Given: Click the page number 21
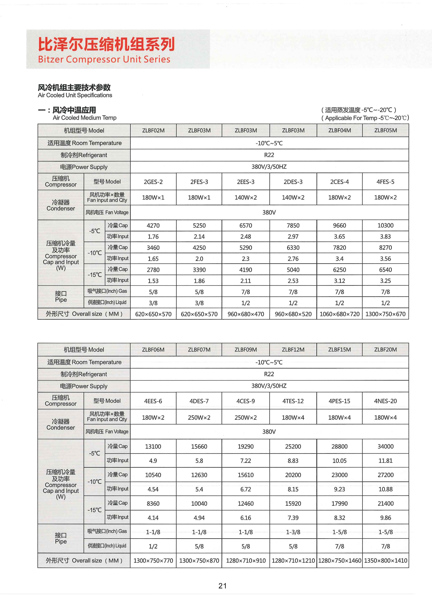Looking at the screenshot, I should click(x=222, y=586).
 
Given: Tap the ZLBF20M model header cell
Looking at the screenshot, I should click(x=385, y=350).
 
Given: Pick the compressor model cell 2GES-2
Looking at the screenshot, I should click(x=153, y=182).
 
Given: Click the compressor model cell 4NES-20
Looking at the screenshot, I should click(x=385, y=401).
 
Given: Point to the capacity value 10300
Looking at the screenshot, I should click(x=385, y=225).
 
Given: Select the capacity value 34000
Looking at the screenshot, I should click(x=385, y=446).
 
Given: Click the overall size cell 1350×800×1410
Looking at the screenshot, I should click(x=385, y=561).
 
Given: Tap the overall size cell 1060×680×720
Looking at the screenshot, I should click(x=339, y=314).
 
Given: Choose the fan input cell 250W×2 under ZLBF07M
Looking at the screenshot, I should click(x=199, y=417).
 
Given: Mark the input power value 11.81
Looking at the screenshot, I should click(x=385, y=461).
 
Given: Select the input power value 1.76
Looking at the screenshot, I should click(x=153, y=237).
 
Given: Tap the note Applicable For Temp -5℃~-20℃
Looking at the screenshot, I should click(x=365, y=118).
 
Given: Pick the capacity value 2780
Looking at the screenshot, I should click(x=153, y=270).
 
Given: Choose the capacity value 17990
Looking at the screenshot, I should click(x=339, y=503).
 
